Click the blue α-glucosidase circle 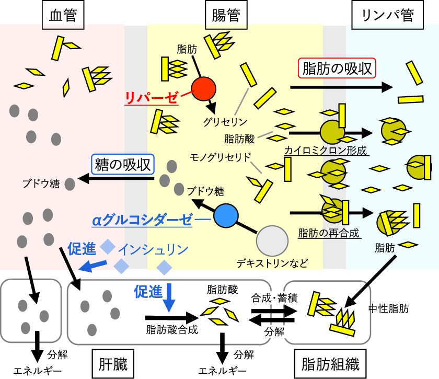click(226, 215)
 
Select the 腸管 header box click(226, 16)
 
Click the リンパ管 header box click(388, 16)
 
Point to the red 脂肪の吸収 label click(337, 68)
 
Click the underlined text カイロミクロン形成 click(326, 151)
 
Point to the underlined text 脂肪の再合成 click(329, 233)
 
